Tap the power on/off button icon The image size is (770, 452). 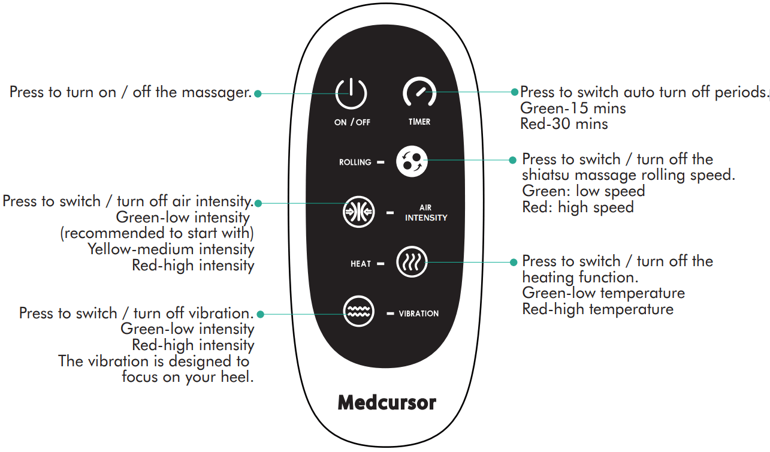coord(351,94)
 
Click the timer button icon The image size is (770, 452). coord(419,94)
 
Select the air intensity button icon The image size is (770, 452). coord(358,212)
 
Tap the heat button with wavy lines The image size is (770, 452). coord(412,263)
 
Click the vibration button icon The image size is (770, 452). coord(358,313)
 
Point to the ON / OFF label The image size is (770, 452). coord(352,122)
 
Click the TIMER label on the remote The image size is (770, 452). coord(419,122)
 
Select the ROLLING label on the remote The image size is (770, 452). coord(355,162)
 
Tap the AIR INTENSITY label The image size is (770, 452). coord(426,213)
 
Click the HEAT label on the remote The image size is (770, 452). coord(361,264)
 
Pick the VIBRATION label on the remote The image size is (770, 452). coord(418,314)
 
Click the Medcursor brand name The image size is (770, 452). coord(386,402)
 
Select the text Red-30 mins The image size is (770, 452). coord(564,124)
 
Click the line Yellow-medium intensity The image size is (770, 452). coord(171,249)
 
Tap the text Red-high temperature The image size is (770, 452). coord(597,309)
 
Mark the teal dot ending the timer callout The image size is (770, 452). coord(514,92)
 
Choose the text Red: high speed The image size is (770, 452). coord(578,207)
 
